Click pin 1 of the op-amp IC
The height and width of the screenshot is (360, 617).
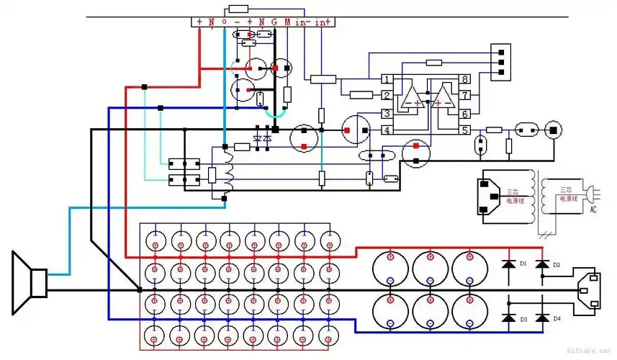387,78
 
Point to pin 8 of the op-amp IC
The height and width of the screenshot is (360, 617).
466,78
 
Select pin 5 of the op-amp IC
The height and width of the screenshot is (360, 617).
466,130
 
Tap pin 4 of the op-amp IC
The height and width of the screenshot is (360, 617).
387,130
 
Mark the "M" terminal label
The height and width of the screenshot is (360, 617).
287,22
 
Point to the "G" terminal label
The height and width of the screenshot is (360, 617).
274,22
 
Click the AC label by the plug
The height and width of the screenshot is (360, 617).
593,210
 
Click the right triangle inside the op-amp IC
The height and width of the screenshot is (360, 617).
441,96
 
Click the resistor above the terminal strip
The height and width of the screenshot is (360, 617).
237,9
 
